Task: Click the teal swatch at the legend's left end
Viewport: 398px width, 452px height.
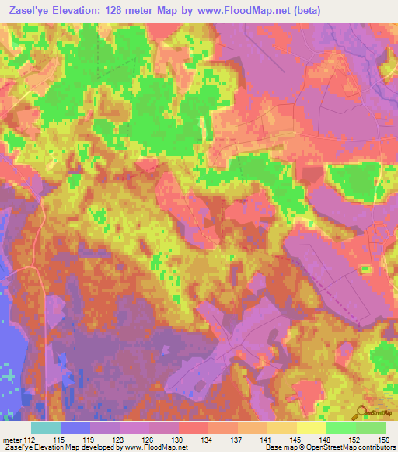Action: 46,428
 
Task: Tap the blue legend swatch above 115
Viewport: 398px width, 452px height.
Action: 75,428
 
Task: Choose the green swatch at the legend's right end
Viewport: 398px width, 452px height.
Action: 370,428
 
